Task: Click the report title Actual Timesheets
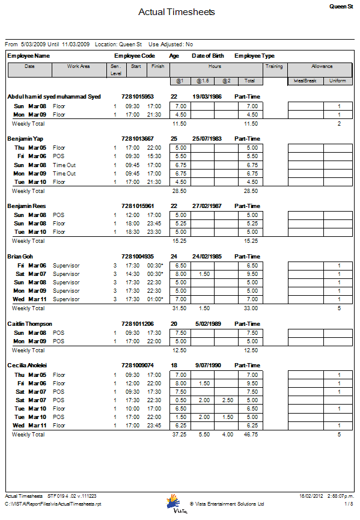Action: click(176, 12)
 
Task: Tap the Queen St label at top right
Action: click(341, 5)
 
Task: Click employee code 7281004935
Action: click(137, 257)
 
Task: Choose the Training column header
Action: click(274, 67)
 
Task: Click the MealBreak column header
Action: click(305, 81)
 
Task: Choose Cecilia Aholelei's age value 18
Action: click(174, 366)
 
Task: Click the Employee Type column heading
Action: click(254, 55)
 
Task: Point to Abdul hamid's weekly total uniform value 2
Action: click(339, 124)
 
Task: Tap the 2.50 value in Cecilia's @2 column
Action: click(226, 400)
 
